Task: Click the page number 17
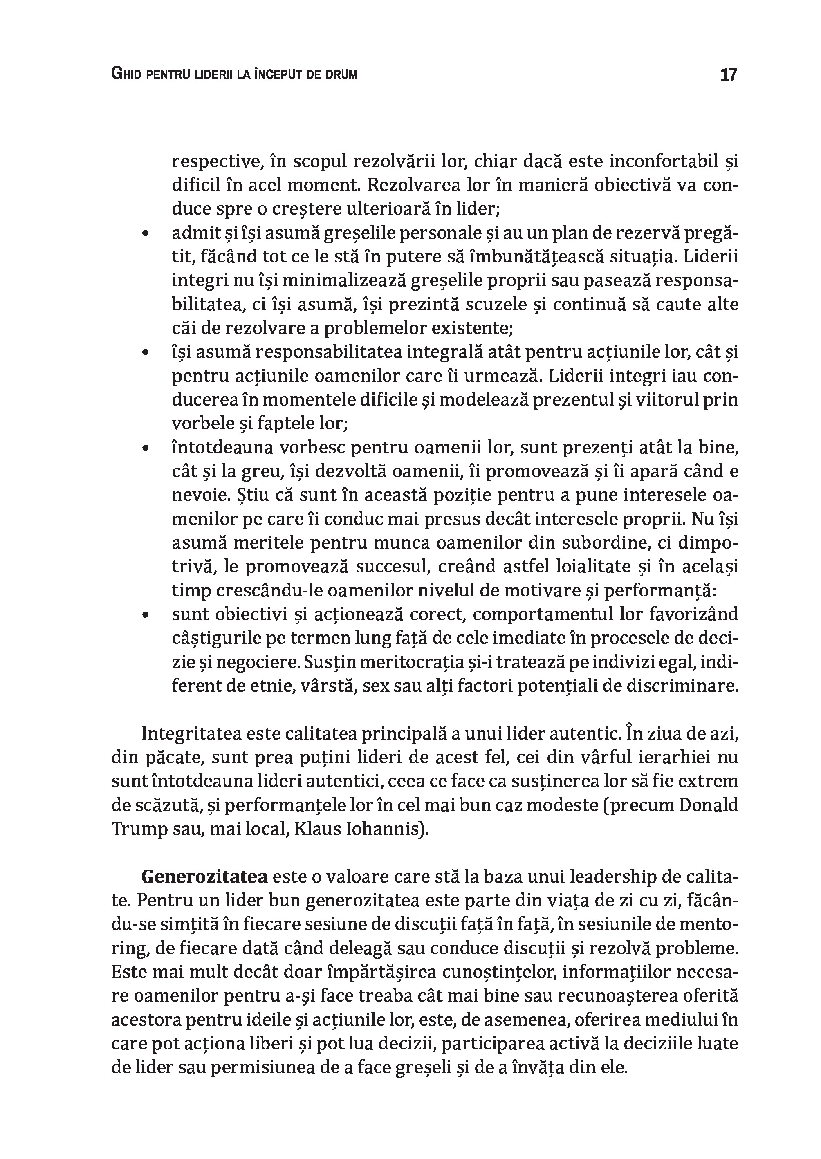[728, 75]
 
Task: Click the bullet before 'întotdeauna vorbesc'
[146, 448]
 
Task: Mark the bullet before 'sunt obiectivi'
[146, 614]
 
